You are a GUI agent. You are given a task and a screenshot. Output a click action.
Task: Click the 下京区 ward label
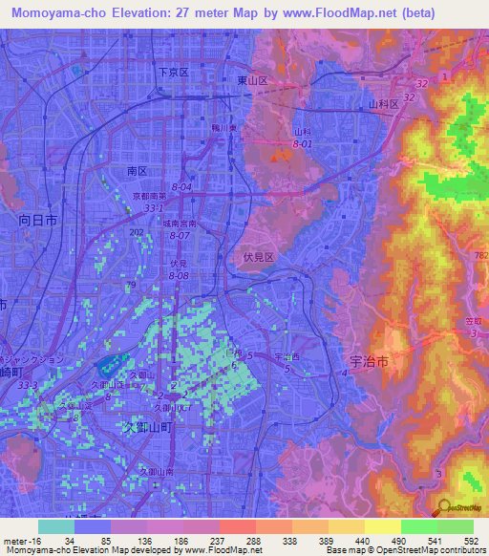coord(174,72)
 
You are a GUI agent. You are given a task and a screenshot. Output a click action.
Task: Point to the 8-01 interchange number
coord(303,143)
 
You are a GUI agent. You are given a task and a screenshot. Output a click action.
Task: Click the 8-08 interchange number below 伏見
coord(179,274)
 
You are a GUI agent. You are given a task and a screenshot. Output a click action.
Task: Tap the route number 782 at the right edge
coord(479,254)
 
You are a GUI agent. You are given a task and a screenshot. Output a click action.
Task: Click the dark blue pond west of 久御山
coord(110,365)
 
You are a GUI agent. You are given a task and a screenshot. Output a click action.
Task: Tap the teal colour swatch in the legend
coord(56,526)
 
